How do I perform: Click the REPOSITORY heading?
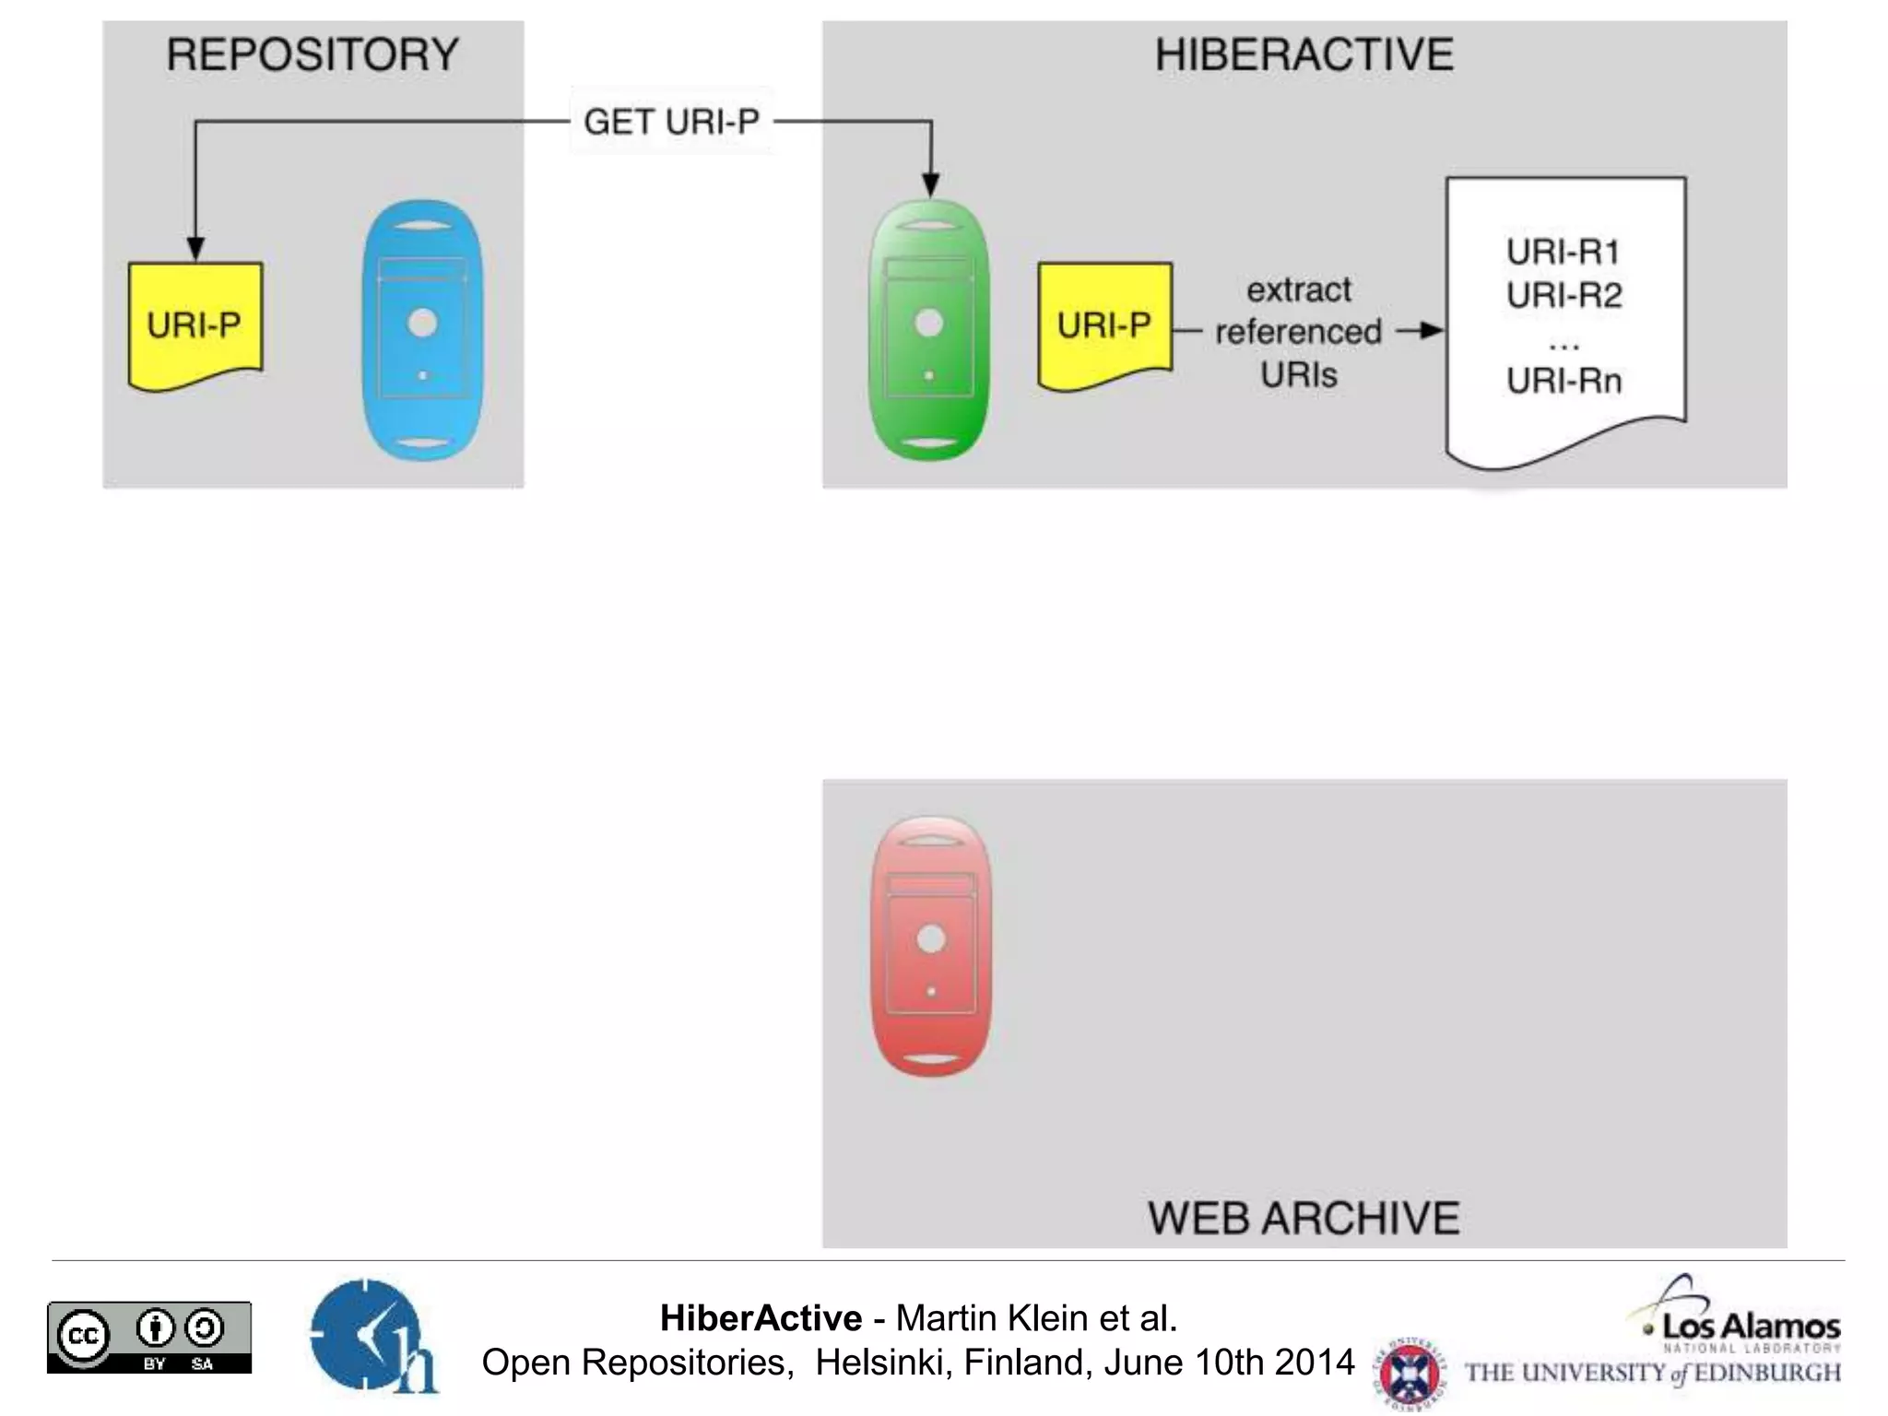click(313, 54)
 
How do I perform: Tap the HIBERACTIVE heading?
click(1304, 54)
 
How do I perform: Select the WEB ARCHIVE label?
click(1304, 1218)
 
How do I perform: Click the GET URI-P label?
click(671, 122)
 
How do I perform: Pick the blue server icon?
click(423, 330)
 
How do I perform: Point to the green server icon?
click(929, 330)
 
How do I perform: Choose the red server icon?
click(931, 946)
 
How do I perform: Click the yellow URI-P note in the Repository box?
click(195, 324)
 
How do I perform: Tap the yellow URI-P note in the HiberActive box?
click(1104, 324)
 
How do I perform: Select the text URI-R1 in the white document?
click(1563, 252)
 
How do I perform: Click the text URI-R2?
click(1564, 295)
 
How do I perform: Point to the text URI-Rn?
click(1564, 380)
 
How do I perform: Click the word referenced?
click(1298, 332)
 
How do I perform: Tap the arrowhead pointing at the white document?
click(1431, 330)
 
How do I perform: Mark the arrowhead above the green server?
click(931, 184)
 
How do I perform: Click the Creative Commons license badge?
click(149, 1337)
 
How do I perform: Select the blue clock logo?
click(369, 1335)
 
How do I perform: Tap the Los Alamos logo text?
click(1751, 1327)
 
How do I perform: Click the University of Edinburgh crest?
click(1407, 1372)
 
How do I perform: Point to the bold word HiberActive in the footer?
click(761, 1318)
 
